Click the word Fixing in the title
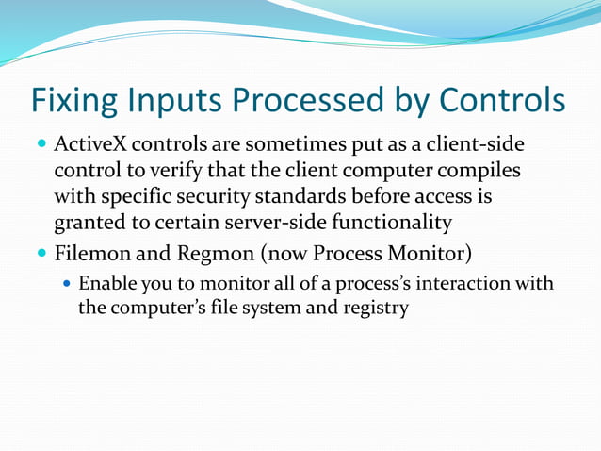(74, 101)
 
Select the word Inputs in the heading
(174, 101)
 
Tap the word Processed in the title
(308, 99)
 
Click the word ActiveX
(90, 144)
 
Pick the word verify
(175, 171)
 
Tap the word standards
(300, 196)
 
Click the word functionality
(392, 223)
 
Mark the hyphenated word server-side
(276, 223)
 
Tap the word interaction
(463, 284)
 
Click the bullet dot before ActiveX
(41, 144)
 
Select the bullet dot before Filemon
(41, 253)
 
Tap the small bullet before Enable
(67, 284)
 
